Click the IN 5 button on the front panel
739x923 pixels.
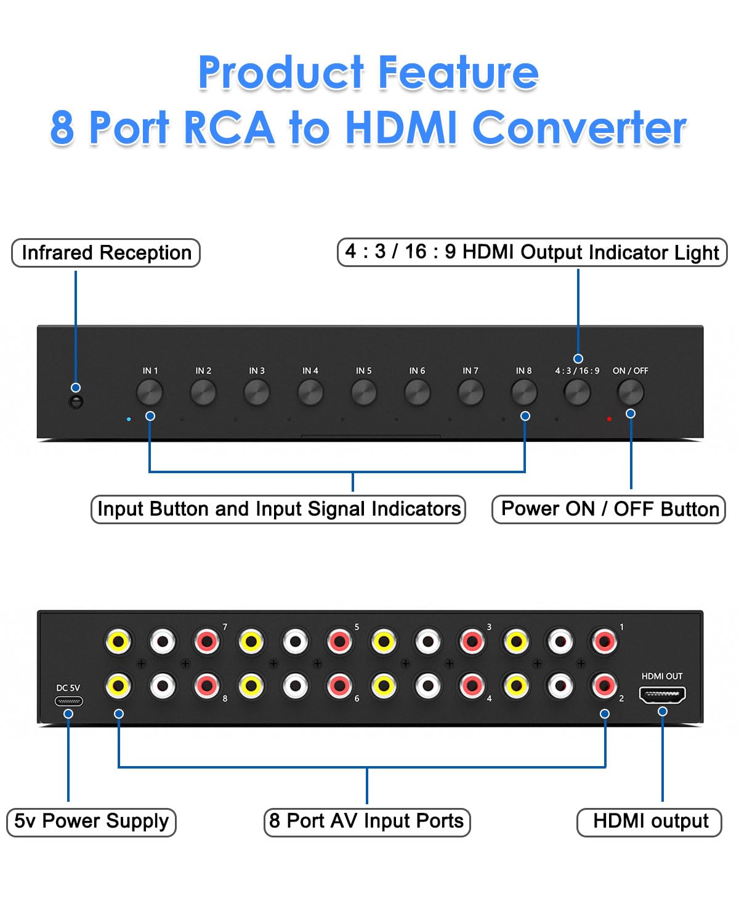(x=364, y=393)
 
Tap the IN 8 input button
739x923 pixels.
(x=524, y=393)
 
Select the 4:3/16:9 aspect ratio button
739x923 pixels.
(x=577, y=393)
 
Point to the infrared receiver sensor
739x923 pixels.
(x=76, y=402)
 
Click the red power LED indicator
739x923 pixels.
(x=609, y=419)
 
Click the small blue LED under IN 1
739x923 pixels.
(x=129, y=419)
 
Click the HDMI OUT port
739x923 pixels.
(x=662, y=695)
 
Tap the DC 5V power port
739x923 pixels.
(x=69, y=701)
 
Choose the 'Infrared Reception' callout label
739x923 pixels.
(x=106, y=253)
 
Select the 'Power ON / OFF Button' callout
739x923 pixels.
(x=608, y=509)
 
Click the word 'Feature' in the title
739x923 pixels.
(x=458, y=73)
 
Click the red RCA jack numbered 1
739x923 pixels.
(x=604, y=642)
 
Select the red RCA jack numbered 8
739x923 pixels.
(x=207, y=685)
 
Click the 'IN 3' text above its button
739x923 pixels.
(x=257, y=370)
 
